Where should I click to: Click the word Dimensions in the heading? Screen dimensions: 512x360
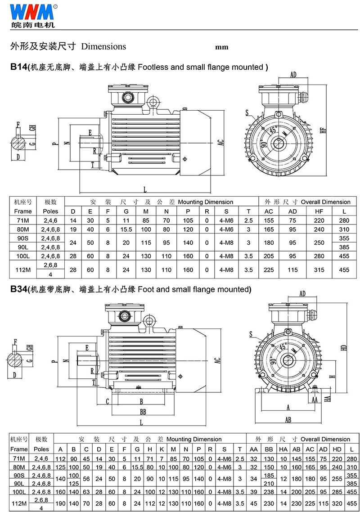(103, 46)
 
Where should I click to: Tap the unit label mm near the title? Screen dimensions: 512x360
(221, 47)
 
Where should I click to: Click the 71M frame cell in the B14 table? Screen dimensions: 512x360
(23, 220)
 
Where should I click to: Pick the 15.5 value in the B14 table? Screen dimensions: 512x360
(126, 229)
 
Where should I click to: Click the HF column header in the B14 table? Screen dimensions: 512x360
(319, 211)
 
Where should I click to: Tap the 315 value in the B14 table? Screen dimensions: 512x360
(319, 270)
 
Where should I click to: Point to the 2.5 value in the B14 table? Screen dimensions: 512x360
(248, 220)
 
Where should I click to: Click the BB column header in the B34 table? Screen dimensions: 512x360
(269, 449)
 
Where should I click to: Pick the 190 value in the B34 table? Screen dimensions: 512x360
(60, 503)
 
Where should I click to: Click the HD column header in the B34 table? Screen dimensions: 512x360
(337, 449)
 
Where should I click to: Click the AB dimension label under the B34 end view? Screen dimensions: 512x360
(288, 419)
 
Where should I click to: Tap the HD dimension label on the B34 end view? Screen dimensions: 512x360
(344, 348)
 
